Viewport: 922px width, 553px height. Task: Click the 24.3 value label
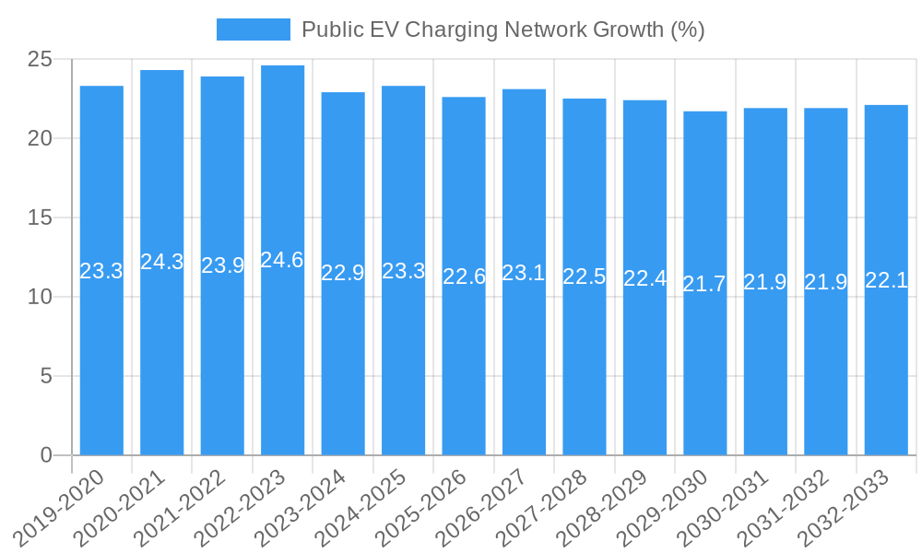[x=162, y=262]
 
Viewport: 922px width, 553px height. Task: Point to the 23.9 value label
[x=222, y=265]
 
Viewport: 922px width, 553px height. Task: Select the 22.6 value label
[x=464, y=276]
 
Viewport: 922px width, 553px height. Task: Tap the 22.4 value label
[x=644, y=278]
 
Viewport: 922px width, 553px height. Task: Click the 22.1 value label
[x=886, y=280]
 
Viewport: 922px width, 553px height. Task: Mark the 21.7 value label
[x=704, y=284]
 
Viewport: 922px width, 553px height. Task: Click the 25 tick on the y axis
[x=41, y=60]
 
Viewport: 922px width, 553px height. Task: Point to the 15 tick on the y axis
[x=41, y=218]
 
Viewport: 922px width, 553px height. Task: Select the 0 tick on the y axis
[x=47, y=455]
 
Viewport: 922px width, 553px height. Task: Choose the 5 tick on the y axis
[x=47, y=376]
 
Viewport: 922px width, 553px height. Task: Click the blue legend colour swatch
[x=253, y=29]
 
